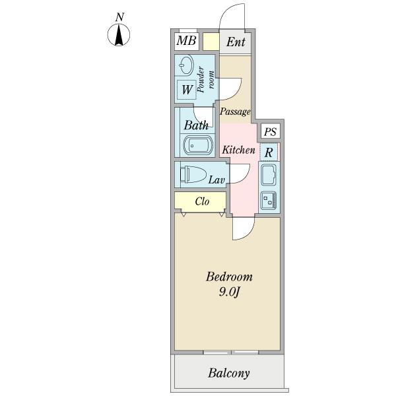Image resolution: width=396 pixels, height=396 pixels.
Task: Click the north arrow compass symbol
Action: pyautogui.click(x=119, y=35)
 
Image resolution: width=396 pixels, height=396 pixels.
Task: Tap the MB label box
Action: pyautogui.click(x=186, y=41)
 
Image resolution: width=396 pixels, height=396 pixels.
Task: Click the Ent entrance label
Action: pyautogui.click(x=236, y=42)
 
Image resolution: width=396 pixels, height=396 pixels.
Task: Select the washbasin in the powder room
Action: pyautogui.click(x=184, y=65)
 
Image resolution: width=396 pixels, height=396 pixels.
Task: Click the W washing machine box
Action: pyautogui.click(x=187, y=90)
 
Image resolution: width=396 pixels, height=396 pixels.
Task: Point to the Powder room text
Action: pyautogui.click(x=206, y=79)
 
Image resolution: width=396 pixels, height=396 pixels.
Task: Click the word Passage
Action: pyautogui.click(x=235, y=112)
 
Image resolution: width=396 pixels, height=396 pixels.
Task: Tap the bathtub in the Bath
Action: pyautogui.click(x=198, y=145)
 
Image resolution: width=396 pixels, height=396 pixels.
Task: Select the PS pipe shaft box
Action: pyautogui.click(x=270, y=131)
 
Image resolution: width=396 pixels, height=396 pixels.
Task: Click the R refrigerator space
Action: pyautogui.click(x=269, y=152)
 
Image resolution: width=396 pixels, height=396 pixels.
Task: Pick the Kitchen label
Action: pyautogui.click(x=238, y=150)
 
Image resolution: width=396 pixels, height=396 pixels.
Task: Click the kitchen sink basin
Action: pyautogui.click(x=269, y=175)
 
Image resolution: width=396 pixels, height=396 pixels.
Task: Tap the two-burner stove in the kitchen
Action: pyautogui.click(x=269, y=200)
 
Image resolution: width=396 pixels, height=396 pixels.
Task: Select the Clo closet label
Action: pyautogui.click(x=202, y=201)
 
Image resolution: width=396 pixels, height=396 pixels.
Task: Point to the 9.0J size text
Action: pyautogui.click(x=229, y=292)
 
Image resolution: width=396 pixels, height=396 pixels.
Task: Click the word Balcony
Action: pyautogui.click(x=229, y=373)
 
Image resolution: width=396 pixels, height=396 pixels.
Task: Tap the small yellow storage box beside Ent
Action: pyautogui.click(x=211, y=42)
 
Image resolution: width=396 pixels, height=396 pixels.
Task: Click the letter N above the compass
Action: pyautogui.click(x=119, y=17)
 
